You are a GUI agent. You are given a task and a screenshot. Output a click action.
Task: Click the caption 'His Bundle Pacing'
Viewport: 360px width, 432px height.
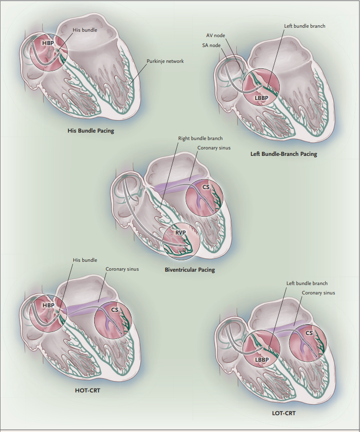tap(91, 131)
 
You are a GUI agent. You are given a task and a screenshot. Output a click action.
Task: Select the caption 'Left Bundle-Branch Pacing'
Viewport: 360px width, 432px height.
tap(283, 154)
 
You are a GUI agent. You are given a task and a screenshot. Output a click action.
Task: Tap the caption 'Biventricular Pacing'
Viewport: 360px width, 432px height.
tap(190, 270)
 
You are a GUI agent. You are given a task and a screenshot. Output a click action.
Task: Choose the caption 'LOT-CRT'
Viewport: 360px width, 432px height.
tap(284, 413)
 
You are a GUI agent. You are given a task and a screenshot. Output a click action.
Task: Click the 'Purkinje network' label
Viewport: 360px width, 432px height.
tap(165, 61)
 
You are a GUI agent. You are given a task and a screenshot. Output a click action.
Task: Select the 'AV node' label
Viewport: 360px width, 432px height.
tap(216, 36)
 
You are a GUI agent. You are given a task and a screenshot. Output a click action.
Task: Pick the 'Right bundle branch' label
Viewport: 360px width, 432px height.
tap(200, 139)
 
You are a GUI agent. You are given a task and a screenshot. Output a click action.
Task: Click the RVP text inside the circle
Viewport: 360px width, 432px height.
tap(180, 232)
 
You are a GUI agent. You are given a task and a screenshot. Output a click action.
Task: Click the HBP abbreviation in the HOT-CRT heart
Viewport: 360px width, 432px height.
tap(48, 305)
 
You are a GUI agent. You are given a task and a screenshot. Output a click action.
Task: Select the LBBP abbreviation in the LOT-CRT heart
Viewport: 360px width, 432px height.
tap(261, 359)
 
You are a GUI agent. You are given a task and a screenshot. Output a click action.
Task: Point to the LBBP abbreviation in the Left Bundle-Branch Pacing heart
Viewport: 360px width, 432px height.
tap(261, 98)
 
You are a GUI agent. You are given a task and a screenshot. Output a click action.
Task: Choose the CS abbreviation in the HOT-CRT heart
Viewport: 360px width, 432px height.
tap(114, 310)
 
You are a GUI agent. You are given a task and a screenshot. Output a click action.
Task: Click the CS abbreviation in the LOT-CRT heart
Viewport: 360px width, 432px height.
tap(309, 333)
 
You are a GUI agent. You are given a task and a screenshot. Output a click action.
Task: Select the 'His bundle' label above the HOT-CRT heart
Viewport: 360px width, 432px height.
tap(85, 260)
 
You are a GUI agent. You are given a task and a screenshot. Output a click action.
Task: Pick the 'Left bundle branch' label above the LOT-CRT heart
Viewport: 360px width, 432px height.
tap(307, 284)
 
